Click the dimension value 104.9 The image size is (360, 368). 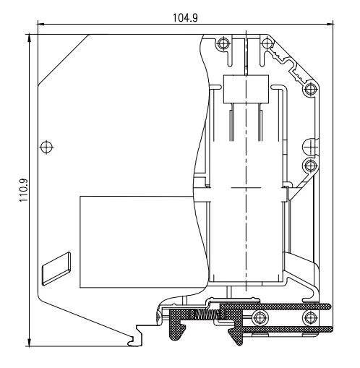(184, 15)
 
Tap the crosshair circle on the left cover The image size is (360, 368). (47, 147)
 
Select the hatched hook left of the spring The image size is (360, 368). (176, 325)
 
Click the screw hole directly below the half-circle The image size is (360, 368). (310, 166)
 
